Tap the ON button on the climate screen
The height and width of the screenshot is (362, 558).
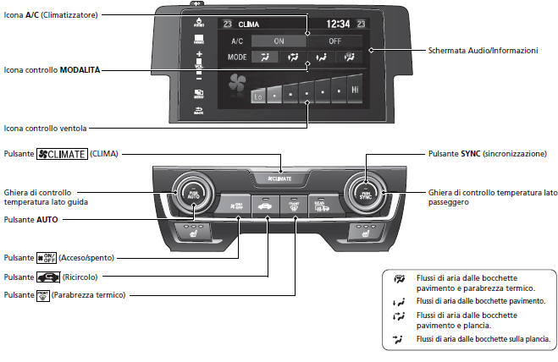point(279,40)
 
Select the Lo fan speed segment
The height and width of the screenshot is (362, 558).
point(259,96)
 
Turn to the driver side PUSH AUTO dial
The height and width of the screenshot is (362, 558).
point(188,195)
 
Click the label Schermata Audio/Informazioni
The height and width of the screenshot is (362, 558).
point(483,51)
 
